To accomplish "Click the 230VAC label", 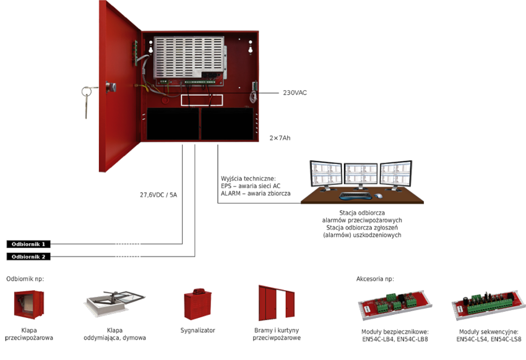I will (295, 93).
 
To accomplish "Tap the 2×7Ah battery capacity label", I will (280, 138).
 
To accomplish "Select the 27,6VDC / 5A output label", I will (158, 195).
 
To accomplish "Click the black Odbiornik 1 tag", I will (28, 244).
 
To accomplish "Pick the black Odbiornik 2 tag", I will (28, 257).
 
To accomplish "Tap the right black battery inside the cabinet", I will (227, 126).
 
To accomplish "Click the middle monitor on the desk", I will (361, 174).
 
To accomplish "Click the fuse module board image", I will (394, 305).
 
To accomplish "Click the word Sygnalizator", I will (198, 330).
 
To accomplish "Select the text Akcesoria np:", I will (375, 279).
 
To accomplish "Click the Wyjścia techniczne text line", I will (248, 178).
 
